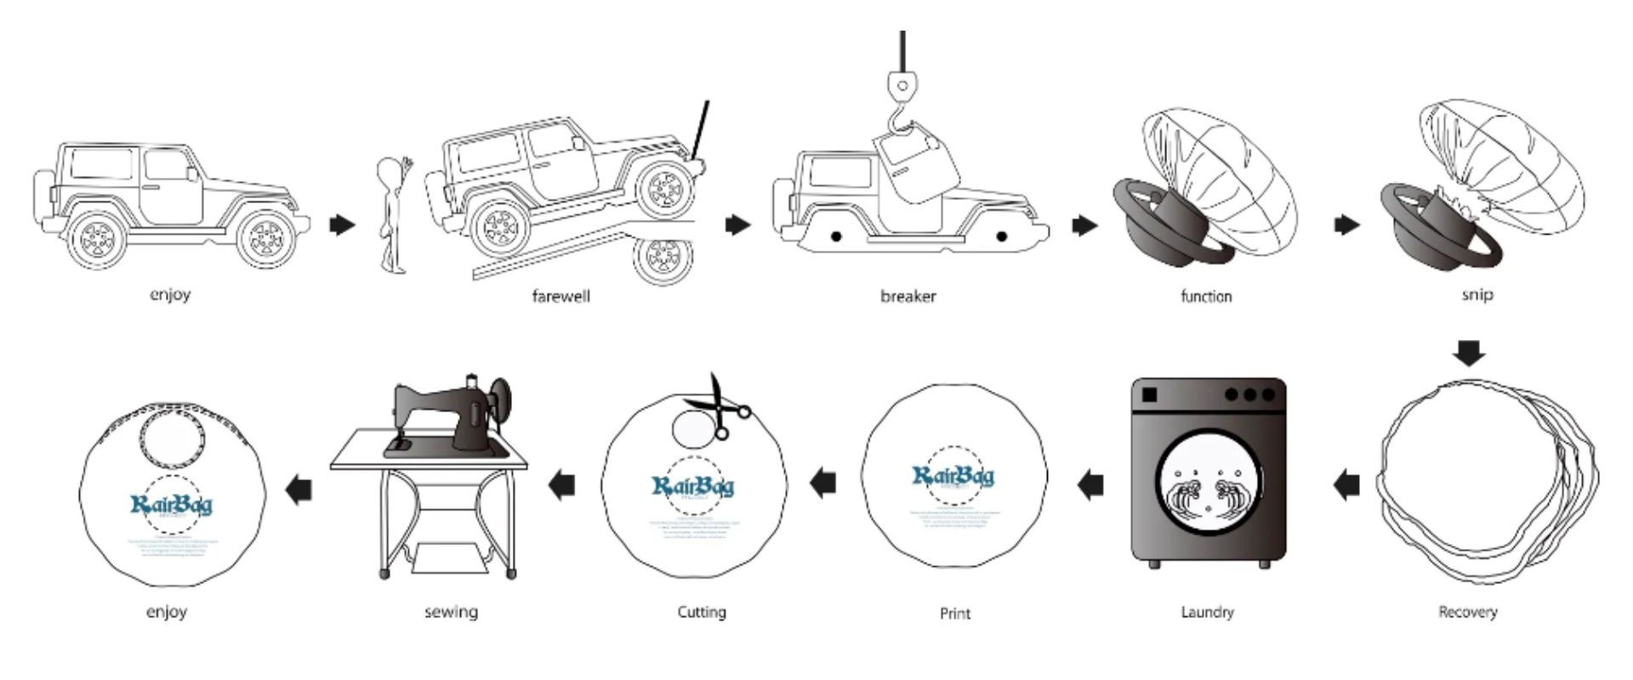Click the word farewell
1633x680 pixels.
pos(560,297)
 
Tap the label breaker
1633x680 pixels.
pos(908,297)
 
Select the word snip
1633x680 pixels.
pos(1477,294)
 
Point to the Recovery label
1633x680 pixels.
pos(1467,612)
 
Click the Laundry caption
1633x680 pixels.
pos(1207,612)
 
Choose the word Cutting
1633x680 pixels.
pos(702,612)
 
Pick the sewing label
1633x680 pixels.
pos(451,612)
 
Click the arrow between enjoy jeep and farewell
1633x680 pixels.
pos(342,225)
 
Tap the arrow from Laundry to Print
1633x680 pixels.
pos(1091,485)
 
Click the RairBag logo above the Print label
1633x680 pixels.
pos(953,476)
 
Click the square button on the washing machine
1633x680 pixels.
pos(1150,395)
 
